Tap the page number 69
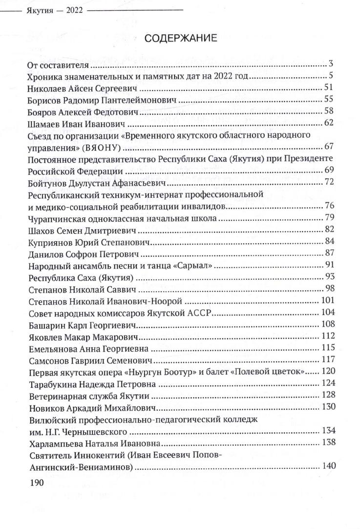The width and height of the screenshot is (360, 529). tap(328, 170)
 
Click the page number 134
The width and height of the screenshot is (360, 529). tap(326, 431)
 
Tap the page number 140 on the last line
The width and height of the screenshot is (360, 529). tap(326, 466)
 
